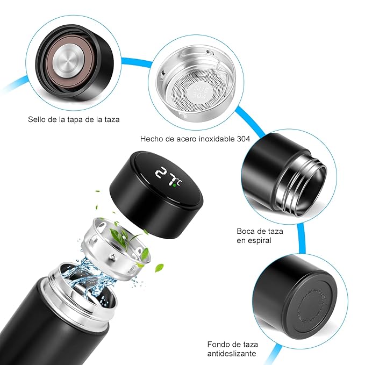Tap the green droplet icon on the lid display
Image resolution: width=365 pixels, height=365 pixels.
pos(174,185)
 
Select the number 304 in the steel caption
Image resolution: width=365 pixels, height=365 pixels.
pos(244,139)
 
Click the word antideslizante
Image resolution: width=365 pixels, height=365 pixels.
pos(232,353)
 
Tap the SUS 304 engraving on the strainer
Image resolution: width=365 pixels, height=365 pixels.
pos(200,92)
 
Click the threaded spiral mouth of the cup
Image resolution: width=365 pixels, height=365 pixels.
pos(303,184)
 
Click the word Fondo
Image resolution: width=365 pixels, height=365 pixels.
pos(218,344)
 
